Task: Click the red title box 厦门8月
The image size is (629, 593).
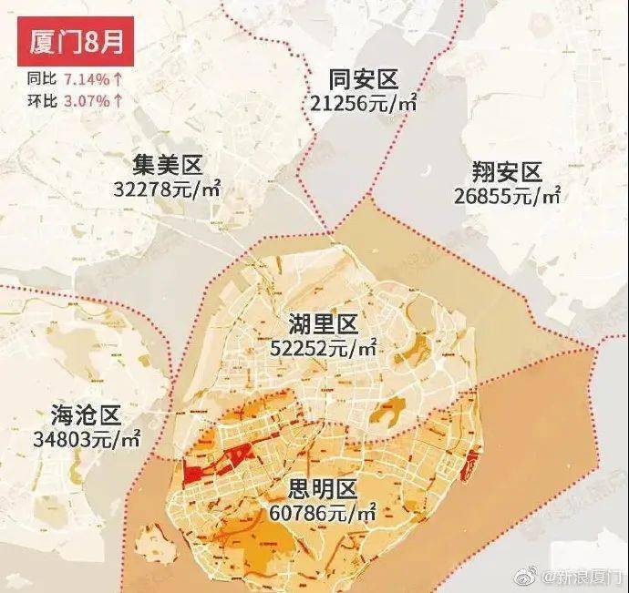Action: [69, 42]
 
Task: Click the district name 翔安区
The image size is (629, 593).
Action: [508, 171]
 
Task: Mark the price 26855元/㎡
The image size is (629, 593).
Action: [508, 195]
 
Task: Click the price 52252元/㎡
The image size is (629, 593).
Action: [324, 347]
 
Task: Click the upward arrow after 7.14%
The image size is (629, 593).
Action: [119, 79]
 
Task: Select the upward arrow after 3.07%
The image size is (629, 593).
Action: [119, 98]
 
